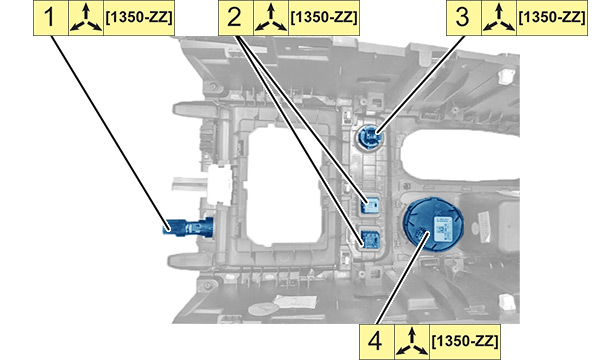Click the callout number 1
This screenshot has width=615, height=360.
tap(49, 18)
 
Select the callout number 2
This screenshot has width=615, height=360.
tap(235, 18)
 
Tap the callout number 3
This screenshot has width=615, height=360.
tap(463, 18)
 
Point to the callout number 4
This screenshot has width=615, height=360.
tap(375, 341)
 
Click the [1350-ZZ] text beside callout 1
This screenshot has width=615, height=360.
tap(139, 18)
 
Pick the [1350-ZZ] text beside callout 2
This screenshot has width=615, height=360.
tap(324, 18)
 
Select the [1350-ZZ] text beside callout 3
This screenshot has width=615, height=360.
tap(552, 18)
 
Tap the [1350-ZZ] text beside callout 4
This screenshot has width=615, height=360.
tap(465, 341)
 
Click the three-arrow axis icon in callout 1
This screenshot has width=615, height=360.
tap(86, 18)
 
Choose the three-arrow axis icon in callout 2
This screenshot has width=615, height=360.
tap(271, 18)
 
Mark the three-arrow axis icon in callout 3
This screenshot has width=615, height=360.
tap(499, 18)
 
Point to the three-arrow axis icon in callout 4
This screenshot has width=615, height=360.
tap(412, 342)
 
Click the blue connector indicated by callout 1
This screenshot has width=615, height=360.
tap(188, 227)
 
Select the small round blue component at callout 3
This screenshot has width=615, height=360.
tap(369, 137)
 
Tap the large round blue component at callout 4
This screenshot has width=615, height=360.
tap(433, 225)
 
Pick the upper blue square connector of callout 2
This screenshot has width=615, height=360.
tap(369, 205)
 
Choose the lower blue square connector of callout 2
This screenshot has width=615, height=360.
tap(369, 239)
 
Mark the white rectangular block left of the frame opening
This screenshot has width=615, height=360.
tap(219, 185)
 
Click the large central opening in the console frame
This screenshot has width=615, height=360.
tap(283, 185)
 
